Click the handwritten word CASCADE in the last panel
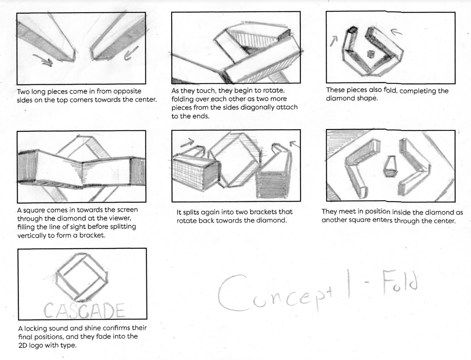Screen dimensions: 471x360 tap(84, 310)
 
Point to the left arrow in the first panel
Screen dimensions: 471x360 tap(43, 60)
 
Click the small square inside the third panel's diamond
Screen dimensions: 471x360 tap(370, 54)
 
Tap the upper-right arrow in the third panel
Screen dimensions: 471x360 tap(396, 32)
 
